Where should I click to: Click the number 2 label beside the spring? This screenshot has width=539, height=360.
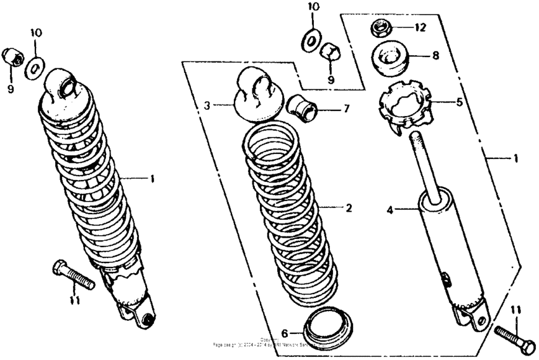pos(347,208)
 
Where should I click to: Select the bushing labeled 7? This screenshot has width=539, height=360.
pos(303,108)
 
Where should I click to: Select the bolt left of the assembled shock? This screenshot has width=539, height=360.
pos(73,274)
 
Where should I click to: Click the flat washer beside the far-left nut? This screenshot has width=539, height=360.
pos(36,67)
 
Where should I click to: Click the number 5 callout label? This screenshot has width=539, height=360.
pos(459,101)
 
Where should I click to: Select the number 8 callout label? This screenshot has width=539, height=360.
pos(435,56)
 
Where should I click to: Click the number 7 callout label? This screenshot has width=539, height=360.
pos(346,109)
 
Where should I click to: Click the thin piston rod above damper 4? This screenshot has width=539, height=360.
pos(422,165)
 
